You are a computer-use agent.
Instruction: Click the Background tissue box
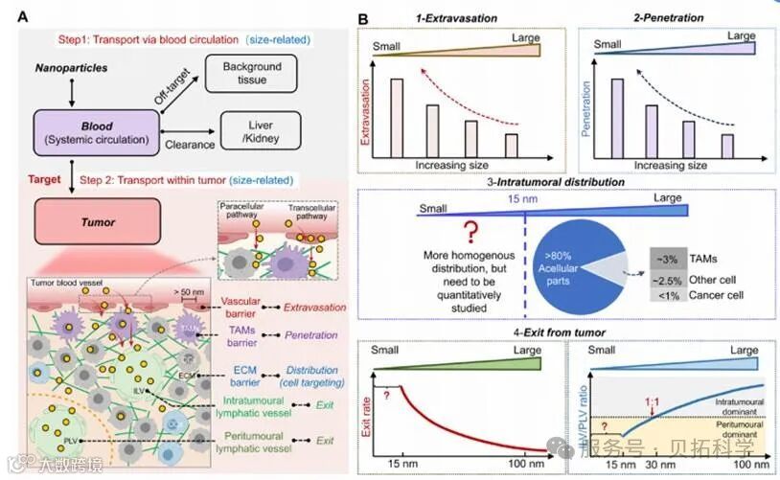click(x=252, y=73)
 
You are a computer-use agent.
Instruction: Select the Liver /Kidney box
click(x=260, y=131)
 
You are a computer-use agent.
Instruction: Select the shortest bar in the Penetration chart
click(x=728, y=144)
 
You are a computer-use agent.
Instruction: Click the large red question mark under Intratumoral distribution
click(x=470, y=230)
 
